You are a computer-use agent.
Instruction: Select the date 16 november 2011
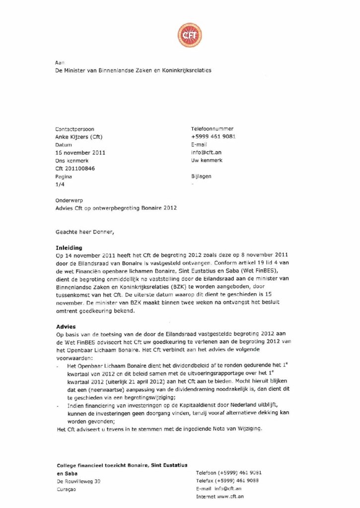tap(80, 152)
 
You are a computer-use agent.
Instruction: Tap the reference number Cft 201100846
tap(75, 168)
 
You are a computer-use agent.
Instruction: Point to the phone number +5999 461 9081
tap(213, 136)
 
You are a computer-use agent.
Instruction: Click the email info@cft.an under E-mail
tap(206, 152)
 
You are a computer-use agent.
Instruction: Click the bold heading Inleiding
tap(69, 247)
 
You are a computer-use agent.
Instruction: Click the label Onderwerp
tap(70, 200)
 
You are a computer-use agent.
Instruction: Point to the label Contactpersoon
tap(75, 128)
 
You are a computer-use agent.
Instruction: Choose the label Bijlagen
tap(201, 176)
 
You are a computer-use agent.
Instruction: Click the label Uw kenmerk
tap(207, 160)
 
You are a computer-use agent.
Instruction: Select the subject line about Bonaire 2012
tap(116, 208)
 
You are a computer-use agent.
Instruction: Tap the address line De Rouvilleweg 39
tap(79, 481)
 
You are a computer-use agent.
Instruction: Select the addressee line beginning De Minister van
tap(133, 70)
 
